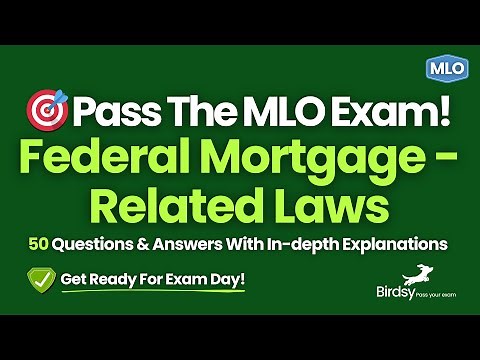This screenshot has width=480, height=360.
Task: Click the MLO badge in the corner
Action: (x=441, y=68)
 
